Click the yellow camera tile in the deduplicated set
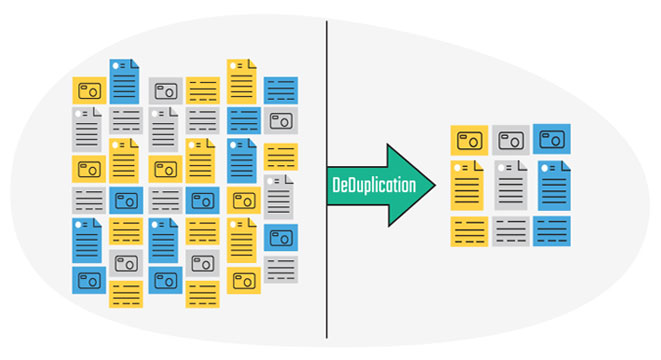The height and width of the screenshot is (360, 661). [469, 140]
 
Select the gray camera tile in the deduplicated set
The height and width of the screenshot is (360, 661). [511, 140]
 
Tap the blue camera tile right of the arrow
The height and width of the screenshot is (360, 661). [552, 139]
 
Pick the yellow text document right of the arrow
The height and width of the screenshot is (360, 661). [467, 185]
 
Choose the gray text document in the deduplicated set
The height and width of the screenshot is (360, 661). [511, 185]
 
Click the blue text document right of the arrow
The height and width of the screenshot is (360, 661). [554, 185]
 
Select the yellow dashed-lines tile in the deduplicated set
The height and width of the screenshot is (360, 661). [469, 231]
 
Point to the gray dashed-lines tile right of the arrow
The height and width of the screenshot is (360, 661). [511, 231]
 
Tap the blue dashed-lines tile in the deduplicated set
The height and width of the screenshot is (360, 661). [552, 231]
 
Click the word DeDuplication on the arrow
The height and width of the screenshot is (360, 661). [374, 185]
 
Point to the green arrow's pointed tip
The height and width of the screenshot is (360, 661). [435, 185]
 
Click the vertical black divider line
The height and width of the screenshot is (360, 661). [327, 179]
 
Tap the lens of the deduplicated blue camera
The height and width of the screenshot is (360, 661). [556, 141]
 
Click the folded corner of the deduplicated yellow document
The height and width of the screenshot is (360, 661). [478, 165]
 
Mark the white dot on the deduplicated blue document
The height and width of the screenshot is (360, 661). [545, 168]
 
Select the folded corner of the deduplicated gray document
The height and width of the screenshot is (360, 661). [522, 165]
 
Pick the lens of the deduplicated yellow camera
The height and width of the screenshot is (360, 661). [473, 142]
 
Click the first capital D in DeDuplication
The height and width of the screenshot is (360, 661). [336, 185]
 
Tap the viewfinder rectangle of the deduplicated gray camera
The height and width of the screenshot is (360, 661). [505, 137]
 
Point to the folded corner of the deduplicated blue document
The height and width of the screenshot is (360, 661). [566, 166]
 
